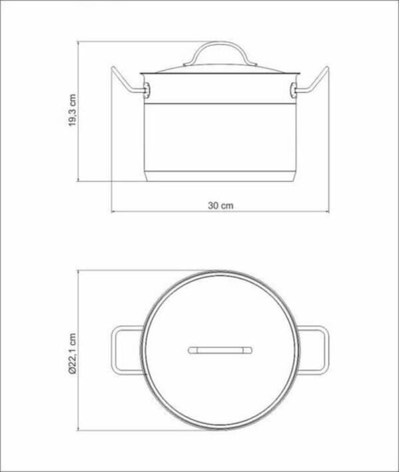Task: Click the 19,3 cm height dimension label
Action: coord(73,110)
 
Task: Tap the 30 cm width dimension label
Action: coord(220,206)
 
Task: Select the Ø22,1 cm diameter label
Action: coord(73,354)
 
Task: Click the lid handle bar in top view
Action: coord(220,350)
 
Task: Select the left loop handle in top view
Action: coord(114,350)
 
